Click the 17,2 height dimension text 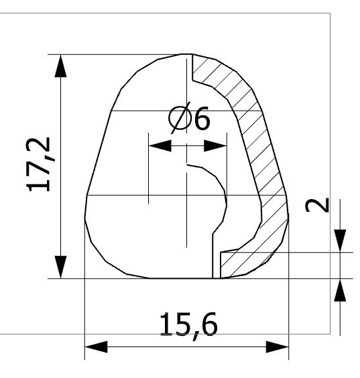(x=42, y=166)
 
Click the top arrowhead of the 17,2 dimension (x=61, y=66)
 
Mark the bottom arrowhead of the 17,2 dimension (x=61, y=266)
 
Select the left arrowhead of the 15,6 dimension (x=97, y=347)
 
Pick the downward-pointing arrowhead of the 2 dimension (x=341, y=239)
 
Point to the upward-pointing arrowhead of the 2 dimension (x=341, y=291)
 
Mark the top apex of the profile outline (x=186, y=54)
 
